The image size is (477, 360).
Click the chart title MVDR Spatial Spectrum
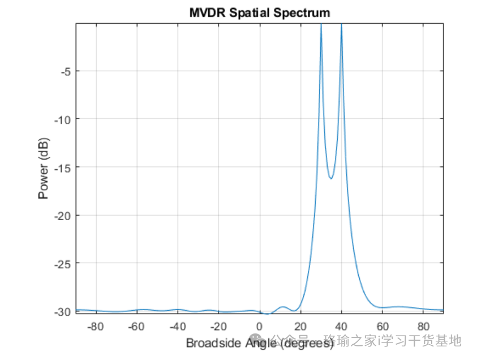point(260,12)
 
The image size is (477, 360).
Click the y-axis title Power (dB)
point(44,168)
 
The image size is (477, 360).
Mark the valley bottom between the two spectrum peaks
point(331,178)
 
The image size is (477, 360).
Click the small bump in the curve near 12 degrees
point(284,307)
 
